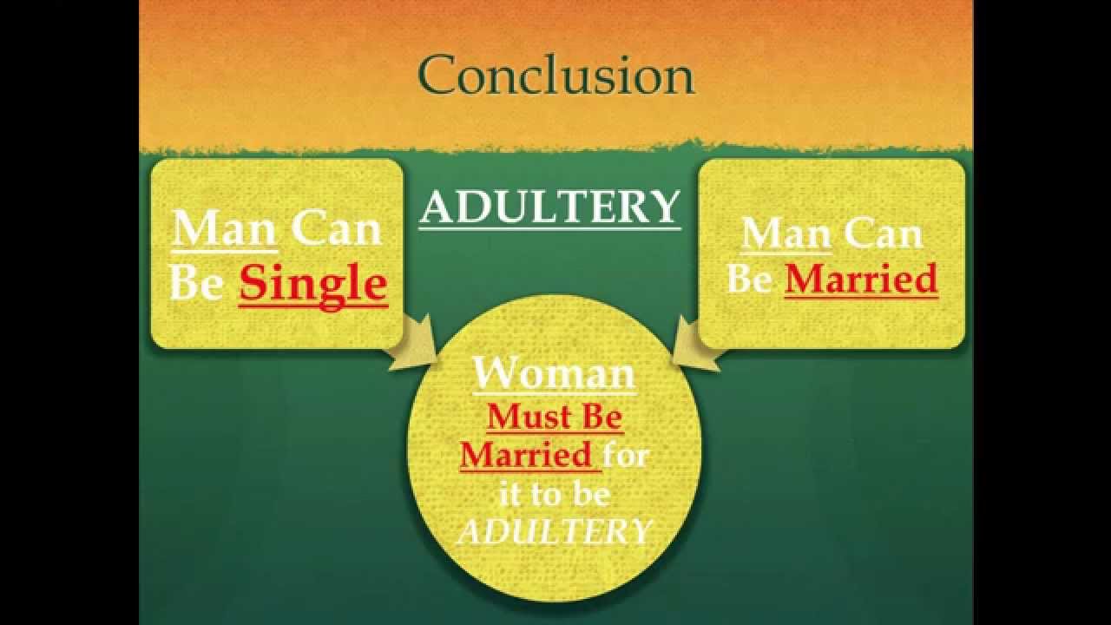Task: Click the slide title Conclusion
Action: point(556,75)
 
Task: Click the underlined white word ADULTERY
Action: point(549,208)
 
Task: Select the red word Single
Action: point(313,284)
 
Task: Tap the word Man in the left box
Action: point(225,230)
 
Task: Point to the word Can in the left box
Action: point(336,230)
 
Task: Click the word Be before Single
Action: point(196,284)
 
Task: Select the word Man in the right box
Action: point(786,234)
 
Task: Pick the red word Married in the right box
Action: point(861,280)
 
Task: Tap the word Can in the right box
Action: point(884,234)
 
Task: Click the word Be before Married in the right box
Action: point(750,280)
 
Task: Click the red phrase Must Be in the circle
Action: point(555,418)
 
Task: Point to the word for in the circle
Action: point(626,455)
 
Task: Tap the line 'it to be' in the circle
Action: point(555,493)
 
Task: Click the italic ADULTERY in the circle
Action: point(555,531)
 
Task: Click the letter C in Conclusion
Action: point(438,76)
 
